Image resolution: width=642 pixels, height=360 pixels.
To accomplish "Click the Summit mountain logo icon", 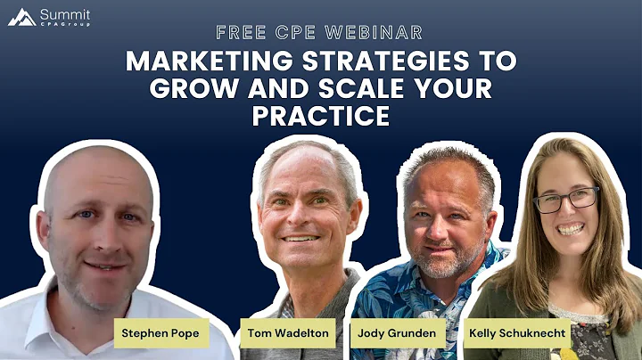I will click(22, 17).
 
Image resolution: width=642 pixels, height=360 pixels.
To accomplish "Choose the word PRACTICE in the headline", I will click(321, 116).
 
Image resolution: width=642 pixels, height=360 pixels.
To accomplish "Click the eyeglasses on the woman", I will click(567, 200).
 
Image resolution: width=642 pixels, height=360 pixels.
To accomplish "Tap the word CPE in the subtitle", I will click(297, 33).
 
